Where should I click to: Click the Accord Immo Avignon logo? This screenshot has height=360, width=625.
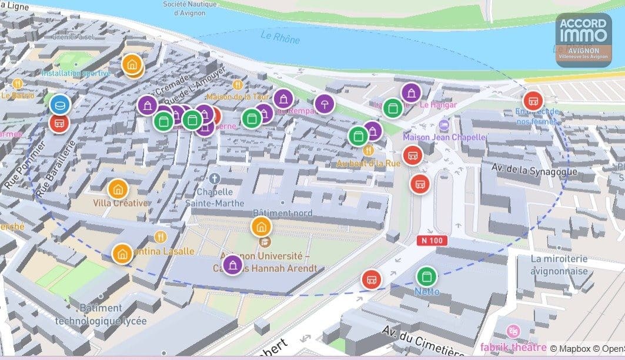[584, 40]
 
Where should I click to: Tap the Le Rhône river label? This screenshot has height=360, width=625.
[280, 38]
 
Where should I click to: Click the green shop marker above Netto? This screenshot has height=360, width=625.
[426, 276]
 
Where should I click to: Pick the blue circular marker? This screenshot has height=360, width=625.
[59, 105]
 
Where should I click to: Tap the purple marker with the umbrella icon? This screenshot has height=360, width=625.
[323, 104]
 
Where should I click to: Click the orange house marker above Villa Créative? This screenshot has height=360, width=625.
[118, 189]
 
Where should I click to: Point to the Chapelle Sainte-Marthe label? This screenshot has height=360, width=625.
[215, 197]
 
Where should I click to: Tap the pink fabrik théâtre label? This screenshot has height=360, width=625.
[513, 346]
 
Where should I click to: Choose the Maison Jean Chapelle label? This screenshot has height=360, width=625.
[444, 137]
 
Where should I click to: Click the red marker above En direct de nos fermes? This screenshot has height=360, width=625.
[533, 101]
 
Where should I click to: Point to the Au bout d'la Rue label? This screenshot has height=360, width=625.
[368, 163]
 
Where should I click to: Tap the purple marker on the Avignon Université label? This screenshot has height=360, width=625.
[233, 265]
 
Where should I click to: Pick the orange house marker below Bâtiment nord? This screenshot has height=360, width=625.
[261, 226]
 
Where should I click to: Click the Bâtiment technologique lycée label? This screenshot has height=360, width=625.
[101, 315]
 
